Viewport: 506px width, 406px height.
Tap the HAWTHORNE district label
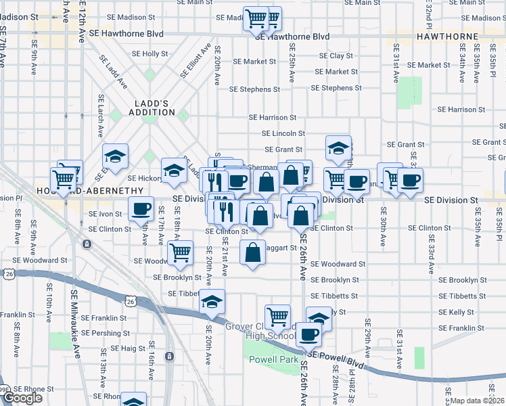(x=448, y=36)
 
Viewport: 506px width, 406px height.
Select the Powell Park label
(x=273, y=360)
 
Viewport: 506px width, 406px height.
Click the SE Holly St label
(x=149, y=53)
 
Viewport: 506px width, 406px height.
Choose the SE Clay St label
(x=331, y=55)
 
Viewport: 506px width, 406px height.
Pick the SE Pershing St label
(x=101, y=334)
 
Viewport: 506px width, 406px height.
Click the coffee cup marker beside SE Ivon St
(x=141, y=210)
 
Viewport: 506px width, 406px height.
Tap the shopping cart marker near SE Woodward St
(x=180, y=253)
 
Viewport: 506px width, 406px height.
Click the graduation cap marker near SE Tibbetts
(x=212, y=302)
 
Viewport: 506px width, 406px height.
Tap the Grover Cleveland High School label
(x=271, y=331)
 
